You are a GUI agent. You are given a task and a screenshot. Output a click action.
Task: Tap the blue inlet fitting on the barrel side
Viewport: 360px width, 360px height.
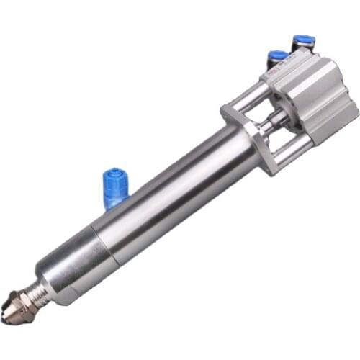coord(115,184)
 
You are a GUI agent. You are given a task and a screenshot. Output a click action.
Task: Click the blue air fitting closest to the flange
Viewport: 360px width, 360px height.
coord(276,58)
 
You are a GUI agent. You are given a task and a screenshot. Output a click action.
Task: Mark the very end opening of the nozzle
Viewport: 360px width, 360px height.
coord(9,318)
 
